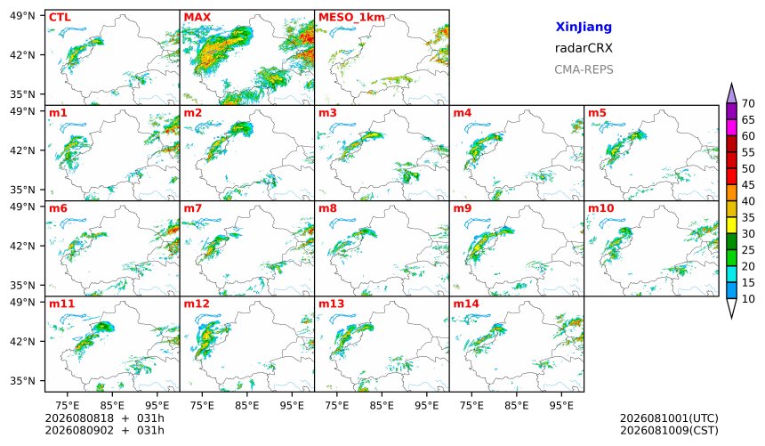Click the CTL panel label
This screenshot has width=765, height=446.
tap(60, 18)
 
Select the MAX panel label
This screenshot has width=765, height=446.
tap(197, 18)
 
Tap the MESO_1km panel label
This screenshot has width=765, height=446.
tap(351, 18)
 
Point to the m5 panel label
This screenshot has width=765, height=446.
tap(597, 113)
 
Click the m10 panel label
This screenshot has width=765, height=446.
tap(601, 208)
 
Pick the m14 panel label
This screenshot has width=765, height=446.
tap(466, 304)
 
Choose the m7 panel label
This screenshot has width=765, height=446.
tap(193, 208)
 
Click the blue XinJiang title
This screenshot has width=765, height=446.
tap(584, 27)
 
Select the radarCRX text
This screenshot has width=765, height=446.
tap(584, 48)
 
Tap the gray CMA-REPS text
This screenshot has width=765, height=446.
tap(584, 69)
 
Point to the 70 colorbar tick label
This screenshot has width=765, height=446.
tap(748, 103)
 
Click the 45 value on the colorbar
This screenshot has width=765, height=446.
tap(748, 185)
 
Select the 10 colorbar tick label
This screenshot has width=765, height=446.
tap(748, 299)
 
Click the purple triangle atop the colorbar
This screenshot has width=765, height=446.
tap(731, 93)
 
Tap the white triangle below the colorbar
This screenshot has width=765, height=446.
tap(731, 309)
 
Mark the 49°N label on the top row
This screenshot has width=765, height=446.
tap(22, 16)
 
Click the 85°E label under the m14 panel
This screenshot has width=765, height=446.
tap(517, 405)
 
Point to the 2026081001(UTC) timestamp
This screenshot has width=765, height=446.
tap(669, 418)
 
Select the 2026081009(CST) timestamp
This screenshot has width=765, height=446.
tap(669, 430)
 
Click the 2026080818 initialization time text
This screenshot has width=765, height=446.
tap(79, 418)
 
